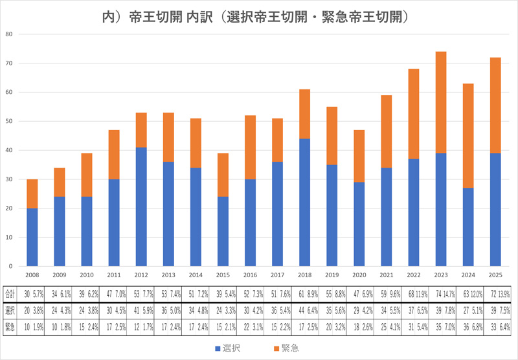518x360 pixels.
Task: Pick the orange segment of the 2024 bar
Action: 468,135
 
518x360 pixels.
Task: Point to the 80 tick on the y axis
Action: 9,34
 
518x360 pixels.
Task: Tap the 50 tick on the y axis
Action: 9,121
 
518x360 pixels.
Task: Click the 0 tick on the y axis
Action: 11,266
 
